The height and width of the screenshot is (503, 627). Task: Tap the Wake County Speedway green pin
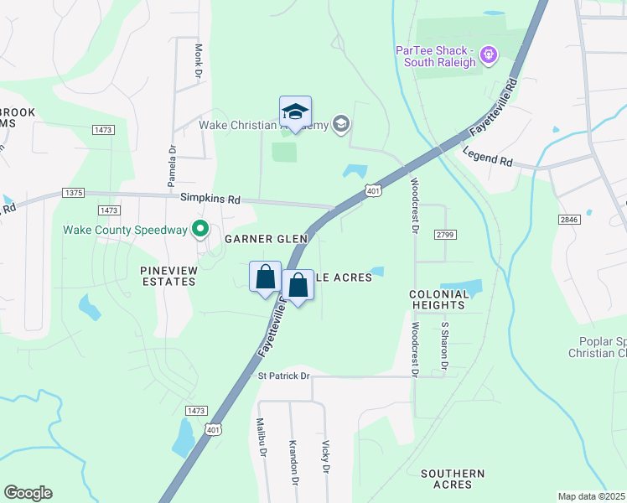pyautogui.click(x=200, y=228)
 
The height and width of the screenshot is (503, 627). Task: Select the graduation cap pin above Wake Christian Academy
pyautogui.click(x=295, y=111)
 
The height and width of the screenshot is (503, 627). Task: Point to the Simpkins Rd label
pyautogui.click(x=210, y=200)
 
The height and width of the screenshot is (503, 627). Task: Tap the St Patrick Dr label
pyautogui.click(x=284, y=376)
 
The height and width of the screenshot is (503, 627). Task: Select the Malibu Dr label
pyautogui.click(x=261, y=437)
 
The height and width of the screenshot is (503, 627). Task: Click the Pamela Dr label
pyautogui.click(x=171, y=166)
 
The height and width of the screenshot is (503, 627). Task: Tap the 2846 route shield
pyautogui.click(x=570, y=219)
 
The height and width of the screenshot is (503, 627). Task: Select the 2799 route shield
pyautogui.click(x=445, y=236)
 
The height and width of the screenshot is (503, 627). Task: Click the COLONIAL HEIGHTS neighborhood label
pyautogui.click(x=438, y=300)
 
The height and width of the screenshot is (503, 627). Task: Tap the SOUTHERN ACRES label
pyautogui.click(x=453, y=480)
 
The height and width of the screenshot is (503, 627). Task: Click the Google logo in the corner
pyautogui.click(x=28, y=493)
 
